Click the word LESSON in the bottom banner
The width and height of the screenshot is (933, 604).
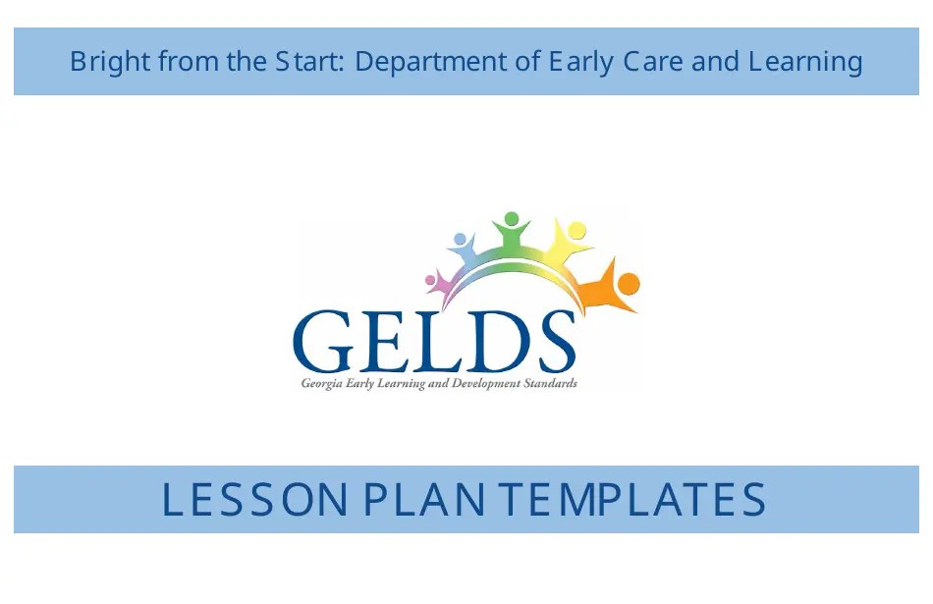tap(254, 500)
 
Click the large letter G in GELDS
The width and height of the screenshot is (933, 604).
tap(330, 341)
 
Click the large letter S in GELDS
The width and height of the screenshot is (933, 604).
tap(550, 341)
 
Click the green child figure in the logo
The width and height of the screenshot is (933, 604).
tap(511, 233)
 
